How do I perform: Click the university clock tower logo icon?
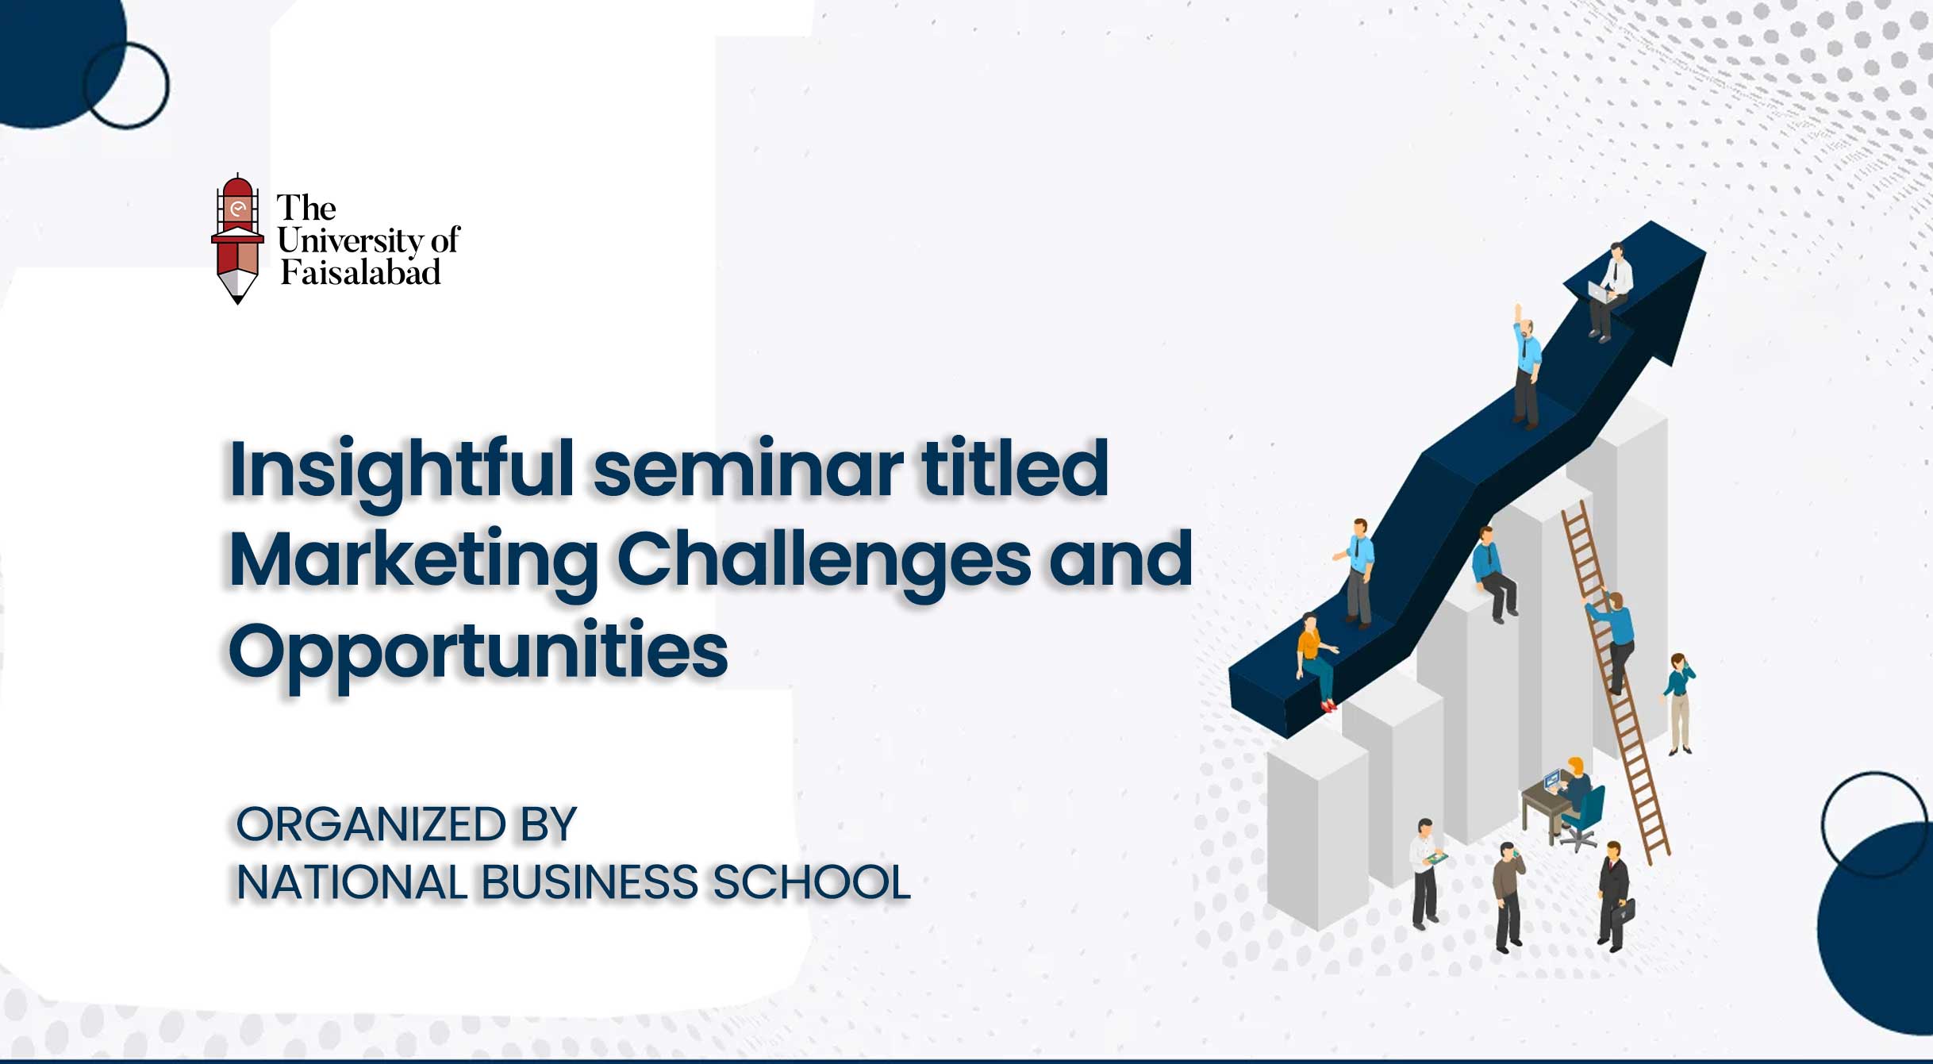tap(237, 238)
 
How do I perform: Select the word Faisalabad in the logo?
tap(361, 272)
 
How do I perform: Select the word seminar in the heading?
tap(748, 470)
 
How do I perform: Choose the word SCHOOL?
tap(812, 882)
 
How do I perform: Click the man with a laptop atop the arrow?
tap(1609, 292)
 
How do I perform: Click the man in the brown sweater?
tap(1508, 897)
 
